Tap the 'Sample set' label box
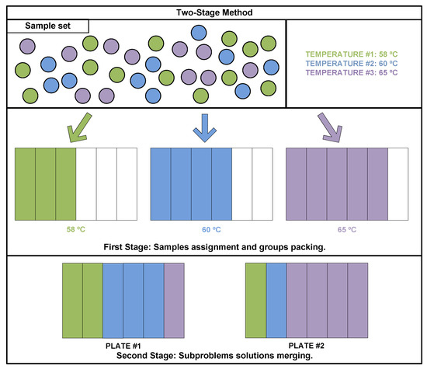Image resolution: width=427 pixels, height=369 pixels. click(48, 26)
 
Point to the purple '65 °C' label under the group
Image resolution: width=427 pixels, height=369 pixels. click(347, 230)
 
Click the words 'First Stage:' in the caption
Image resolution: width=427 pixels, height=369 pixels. click(128, 246)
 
